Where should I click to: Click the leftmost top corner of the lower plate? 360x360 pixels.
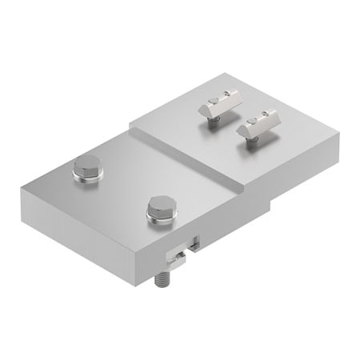[18, 188]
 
